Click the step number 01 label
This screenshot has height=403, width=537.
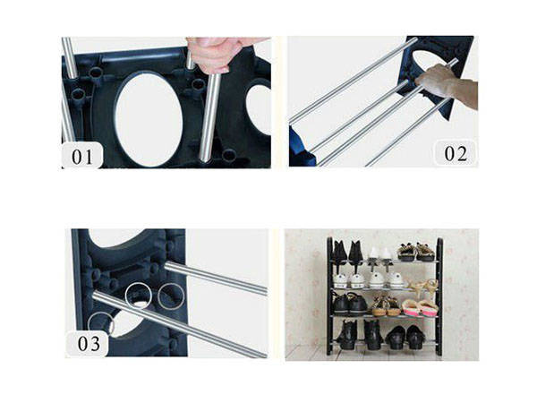(82, 157)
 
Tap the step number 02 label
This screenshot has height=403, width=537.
(456, 153)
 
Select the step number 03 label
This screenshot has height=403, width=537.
(87, 343)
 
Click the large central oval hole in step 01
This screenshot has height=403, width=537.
(148, 116)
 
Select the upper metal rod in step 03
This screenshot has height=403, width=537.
(215, 279)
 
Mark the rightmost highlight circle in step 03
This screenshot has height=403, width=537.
(170, 296)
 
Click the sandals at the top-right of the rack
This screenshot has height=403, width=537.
(417, 252)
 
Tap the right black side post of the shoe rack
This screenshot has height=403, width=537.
(439, 296)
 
